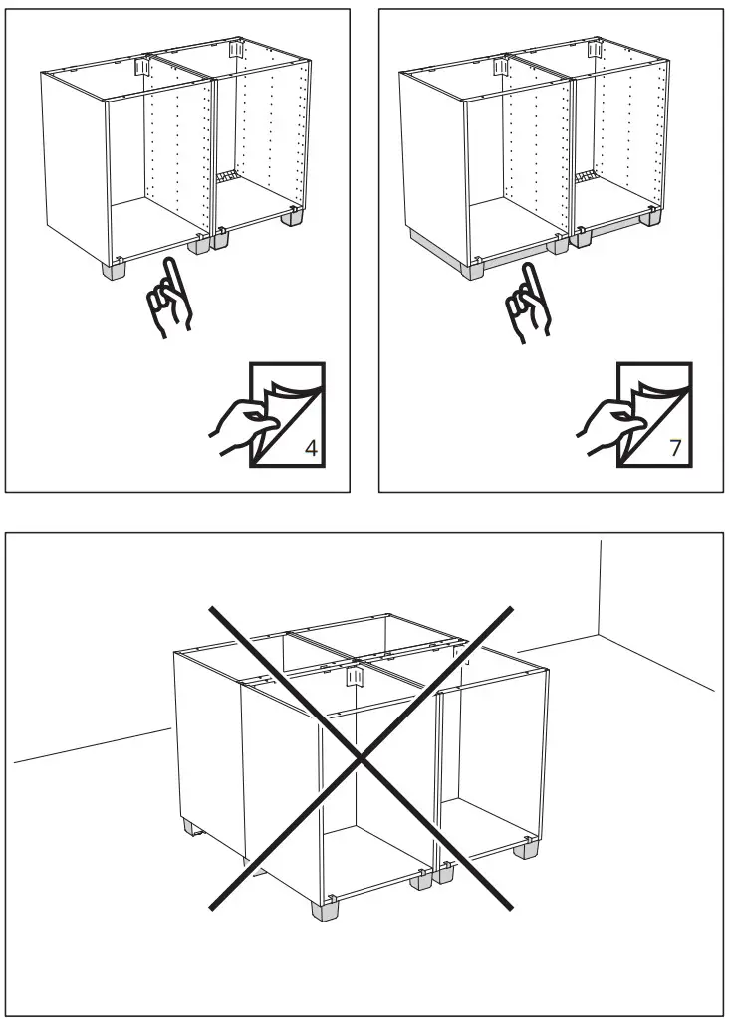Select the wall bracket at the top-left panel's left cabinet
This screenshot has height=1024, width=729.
[140, 64]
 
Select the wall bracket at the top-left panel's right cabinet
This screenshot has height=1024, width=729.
[236, 47]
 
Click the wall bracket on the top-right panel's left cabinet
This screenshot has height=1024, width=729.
[499, 64]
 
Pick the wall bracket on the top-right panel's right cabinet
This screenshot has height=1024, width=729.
[595, 47]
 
